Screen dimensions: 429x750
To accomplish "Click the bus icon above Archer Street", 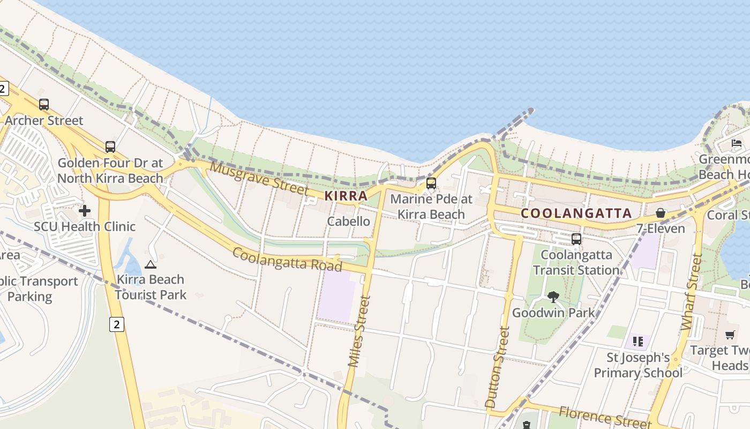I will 44,105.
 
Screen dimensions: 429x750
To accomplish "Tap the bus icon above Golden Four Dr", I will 110,146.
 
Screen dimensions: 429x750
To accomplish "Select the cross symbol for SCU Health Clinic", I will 85,211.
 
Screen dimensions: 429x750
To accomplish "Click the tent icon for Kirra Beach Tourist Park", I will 151,264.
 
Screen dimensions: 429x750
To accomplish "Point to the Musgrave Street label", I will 259,178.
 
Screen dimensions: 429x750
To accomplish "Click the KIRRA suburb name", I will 346,196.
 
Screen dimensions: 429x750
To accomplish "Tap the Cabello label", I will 348,221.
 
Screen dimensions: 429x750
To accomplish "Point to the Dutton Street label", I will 496,367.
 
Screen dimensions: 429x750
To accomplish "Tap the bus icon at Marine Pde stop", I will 431,183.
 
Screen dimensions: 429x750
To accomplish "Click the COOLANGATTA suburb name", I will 576,213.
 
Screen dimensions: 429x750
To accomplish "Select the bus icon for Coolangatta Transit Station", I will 576,239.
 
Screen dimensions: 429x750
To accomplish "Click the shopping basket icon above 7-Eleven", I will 661,213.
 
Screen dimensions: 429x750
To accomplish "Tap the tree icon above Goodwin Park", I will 553,297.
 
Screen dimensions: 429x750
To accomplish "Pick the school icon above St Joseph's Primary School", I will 637,341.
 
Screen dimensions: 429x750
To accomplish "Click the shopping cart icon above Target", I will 730,335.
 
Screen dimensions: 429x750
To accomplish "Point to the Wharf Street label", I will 692,292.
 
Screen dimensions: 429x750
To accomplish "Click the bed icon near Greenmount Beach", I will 737,143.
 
